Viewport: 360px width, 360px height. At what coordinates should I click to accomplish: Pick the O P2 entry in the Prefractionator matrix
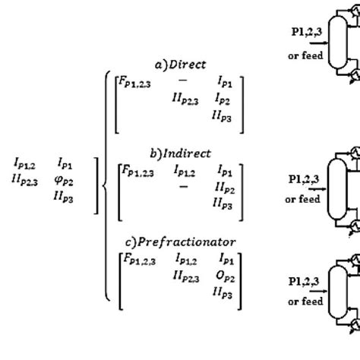pos(224,279)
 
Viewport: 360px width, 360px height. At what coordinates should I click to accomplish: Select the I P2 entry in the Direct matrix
pos(223,99)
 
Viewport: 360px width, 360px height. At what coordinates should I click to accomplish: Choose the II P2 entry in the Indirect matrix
pos(223,186)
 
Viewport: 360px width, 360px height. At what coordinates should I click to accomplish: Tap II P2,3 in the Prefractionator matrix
pos(187,278)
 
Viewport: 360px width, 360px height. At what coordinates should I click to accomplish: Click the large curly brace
pos(107,182)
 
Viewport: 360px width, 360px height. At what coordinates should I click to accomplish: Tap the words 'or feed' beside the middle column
pos(302,200)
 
